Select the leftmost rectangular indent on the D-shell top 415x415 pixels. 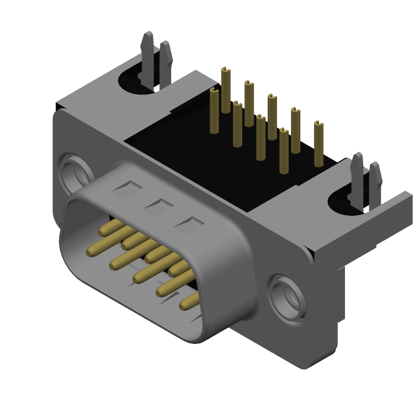coord(125,189)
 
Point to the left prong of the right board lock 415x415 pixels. coord(357,171)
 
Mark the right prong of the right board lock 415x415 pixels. coord(375,179)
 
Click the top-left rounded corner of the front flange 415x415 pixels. coord(61,114)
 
